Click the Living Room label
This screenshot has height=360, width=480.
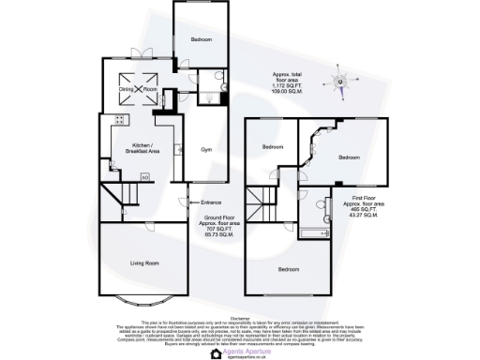144,264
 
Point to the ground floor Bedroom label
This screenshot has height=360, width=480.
202,39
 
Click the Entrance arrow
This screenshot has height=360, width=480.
190,202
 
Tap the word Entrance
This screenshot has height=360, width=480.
210,202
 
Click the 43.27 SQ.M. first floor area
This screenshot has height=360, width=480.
363,216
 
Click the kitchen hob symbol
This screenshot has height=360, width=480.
119,118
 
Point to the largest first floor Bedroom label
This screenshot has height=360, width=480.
289,269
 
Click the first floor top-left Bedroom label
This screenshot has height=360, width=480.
273,147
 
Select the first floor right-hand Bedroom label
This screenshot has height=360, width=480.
349,157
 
